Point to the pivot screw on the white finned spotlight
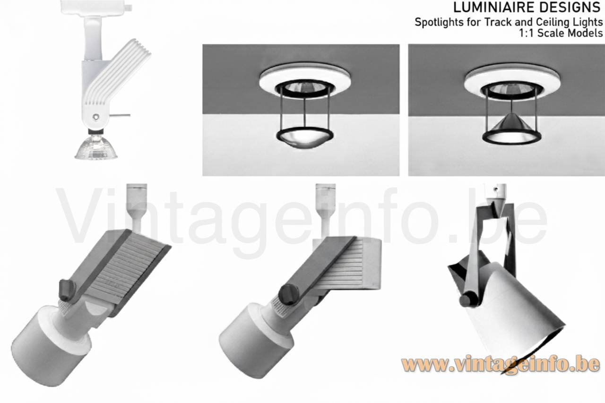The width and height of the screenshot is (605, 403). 95,117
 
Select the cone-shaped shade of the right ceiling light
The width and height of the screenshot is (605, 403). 512,125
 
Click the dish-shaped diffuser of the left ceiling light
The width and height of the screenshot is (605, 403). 305,137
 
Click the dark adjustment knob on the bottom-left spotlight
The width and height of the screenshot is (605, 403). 67,290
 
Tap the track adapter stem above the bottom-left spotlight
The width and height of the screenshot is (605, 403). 137,208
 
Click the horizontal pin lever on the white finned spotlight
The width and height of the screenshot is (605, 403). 120,115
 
